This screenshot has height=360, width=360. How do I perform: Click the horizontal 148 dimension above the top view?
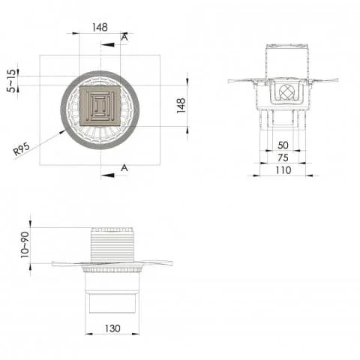click(x=100, y=27)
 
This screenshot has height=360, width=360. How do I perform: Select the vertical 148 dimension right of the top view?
click(x=181, y=104)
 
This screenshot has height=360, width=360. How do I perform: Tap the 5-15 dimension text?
click(x=10, y=81)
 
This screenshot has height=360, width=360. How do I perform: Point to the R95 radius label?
click(x=22, y=150)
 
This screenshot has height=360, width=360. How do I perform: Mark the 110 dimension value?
click(x=282, y=170)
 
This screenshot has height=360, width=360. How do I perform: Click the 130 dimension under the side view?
click(x=112, y=328)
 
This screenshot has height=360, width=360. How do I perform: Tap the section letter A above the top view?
click(x=124, y=36)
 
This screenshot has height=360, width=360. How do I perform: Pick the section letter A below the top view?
click(x=124, y=168)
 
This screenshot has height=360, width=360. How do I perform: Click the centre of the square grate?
click(x=100, y=106)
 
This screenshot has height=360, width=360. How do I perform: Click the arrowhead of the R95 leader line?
click(x=63, y=133)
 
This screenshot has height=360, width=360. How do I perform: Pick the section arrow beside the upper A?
click(x=109, y=44)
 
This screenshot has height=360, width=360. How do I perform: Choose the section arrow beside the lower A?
click(x=109, y=175)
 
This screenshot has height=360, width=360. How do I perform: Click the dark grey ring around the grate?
click(x=67, y=106)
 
